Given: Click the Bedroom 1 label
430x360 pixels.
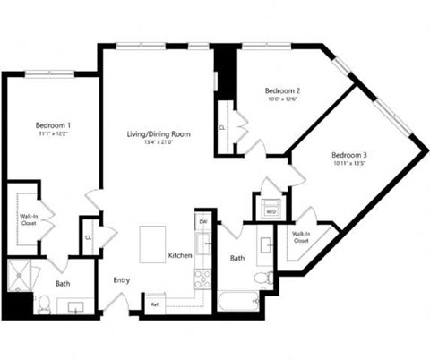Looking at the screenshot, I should pos(53,124).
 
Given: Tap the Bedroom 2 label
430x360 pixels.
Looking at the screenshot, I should pos(281,90).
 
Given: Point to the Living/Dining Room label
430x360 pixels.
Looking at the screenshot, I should pos(159,134).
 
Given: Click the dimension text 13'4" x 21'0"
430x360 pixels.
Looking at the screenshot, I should pos(159,143).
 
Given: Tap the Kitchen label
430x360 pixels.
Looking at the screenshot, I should pos(180,256).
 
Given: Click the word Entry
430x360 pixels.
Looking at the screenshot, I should pos(122,280).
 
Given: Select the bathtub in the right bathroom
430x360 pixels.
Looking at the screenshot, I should pos(238,302).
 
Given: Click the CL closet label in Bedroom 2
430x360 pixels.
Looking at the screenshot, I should pos(221,128).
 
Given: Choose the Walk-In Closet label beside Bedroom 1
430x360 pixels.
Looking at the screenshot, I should pos(29,219).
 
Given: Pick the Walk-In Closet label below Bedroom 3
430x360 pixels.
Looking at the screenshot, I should pos(300,237).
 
